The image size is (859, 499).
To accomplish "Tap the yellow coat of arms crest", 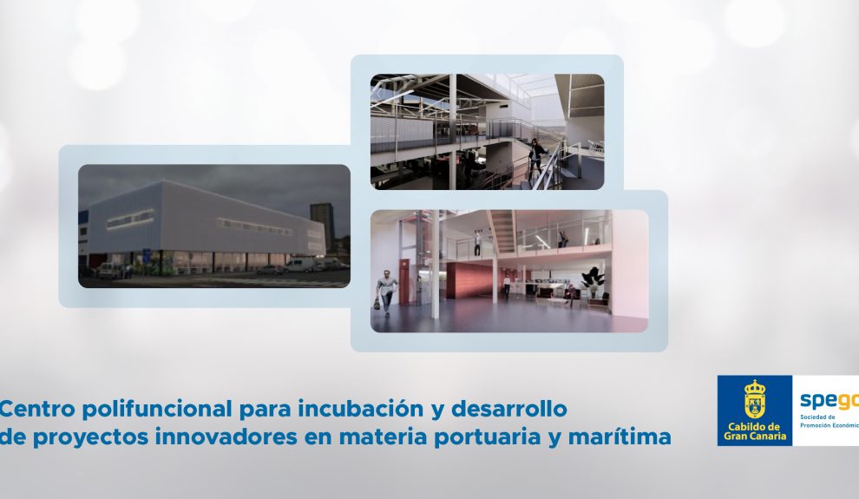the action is pyautogui.click(x=755, y=399).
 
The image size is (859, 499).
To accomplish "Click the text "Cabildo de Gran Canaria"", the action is pyautogui.click(x=755, y=431).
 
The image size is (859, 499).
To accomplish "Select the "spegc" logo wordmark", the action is pyautogui.click(x=829, y=401).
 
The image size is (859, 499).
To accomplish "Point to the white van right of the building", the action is pyautogui.click(x=299, y=265).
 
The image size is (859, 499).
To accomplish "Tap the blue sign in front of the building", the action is pyautogui.click(x=147, y=255).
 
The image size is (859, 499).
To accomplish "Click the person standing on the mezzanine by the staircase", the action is pyautogui.click(x=477, y=244).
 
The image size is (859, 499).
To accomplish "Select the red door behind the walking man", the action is pyautogui.click(x=405, y=281).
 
